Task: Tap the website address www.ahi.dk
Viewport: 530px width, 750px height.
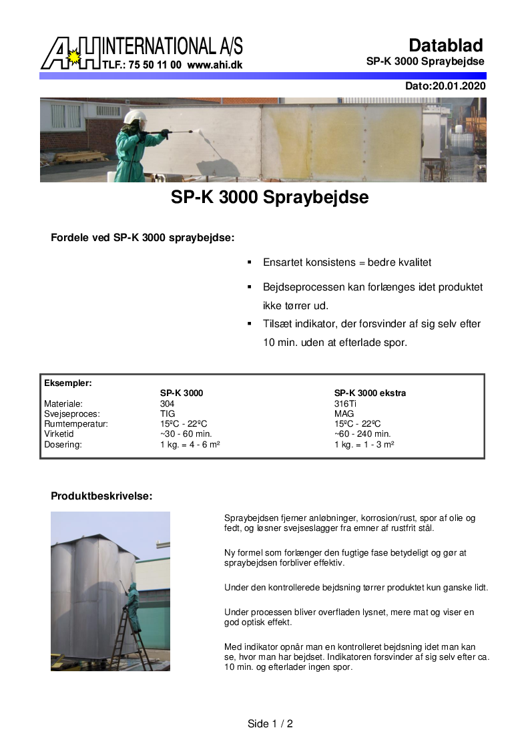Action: [x=215, y=65]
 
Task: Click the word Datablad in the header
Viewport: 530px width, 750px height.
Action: [x=445, y=45]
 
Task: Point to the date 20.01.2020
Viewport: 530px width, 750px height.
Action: [x=459, y=86]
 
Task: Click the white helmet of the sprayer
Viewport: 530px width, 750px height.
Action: [x=134, y=118]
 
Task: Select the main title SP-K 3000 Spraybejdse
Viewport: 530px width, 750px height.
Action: [x=270, y=198]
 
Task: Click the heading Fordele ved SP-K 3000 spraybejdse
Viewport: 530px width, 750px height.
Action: [x=142, y=238]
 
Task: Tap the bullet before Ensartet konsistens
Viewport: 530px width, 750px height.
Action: [x=249, y=262]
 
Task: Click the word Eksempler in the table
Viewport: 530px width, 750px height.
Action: [x=67, y=383]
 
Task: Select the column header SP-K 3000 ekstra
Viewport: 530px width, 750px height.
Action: [x=370, y=393]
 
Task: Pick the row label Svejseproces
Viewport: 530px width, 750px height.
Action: [x=69, y=414]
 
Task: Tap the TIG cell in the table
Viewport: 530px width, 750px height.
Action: [x=168, y=414]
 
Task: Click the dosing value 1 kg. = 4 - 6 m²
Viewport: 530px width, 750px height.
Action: [x=190, y=445]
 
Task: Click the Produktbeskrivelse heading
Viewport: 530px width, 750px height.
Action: [x=101, y=496]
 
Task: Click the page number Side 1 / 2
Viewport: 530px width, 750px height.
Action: [x=270, y=724]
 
